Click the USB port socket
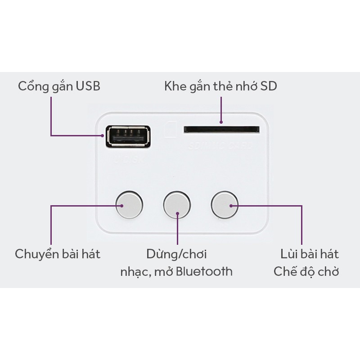point(127,135)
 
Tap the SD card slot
point(221,130)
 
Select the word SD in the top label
point(268,85)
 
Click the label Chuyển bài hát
point(58,254)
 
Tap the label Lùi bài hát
point(309,254)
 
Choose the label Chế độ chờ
point(306,271)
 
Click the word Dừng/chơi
point(176,254)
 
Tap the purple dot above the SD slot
point(221,122)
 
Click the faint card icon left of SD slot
point(171,130)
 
